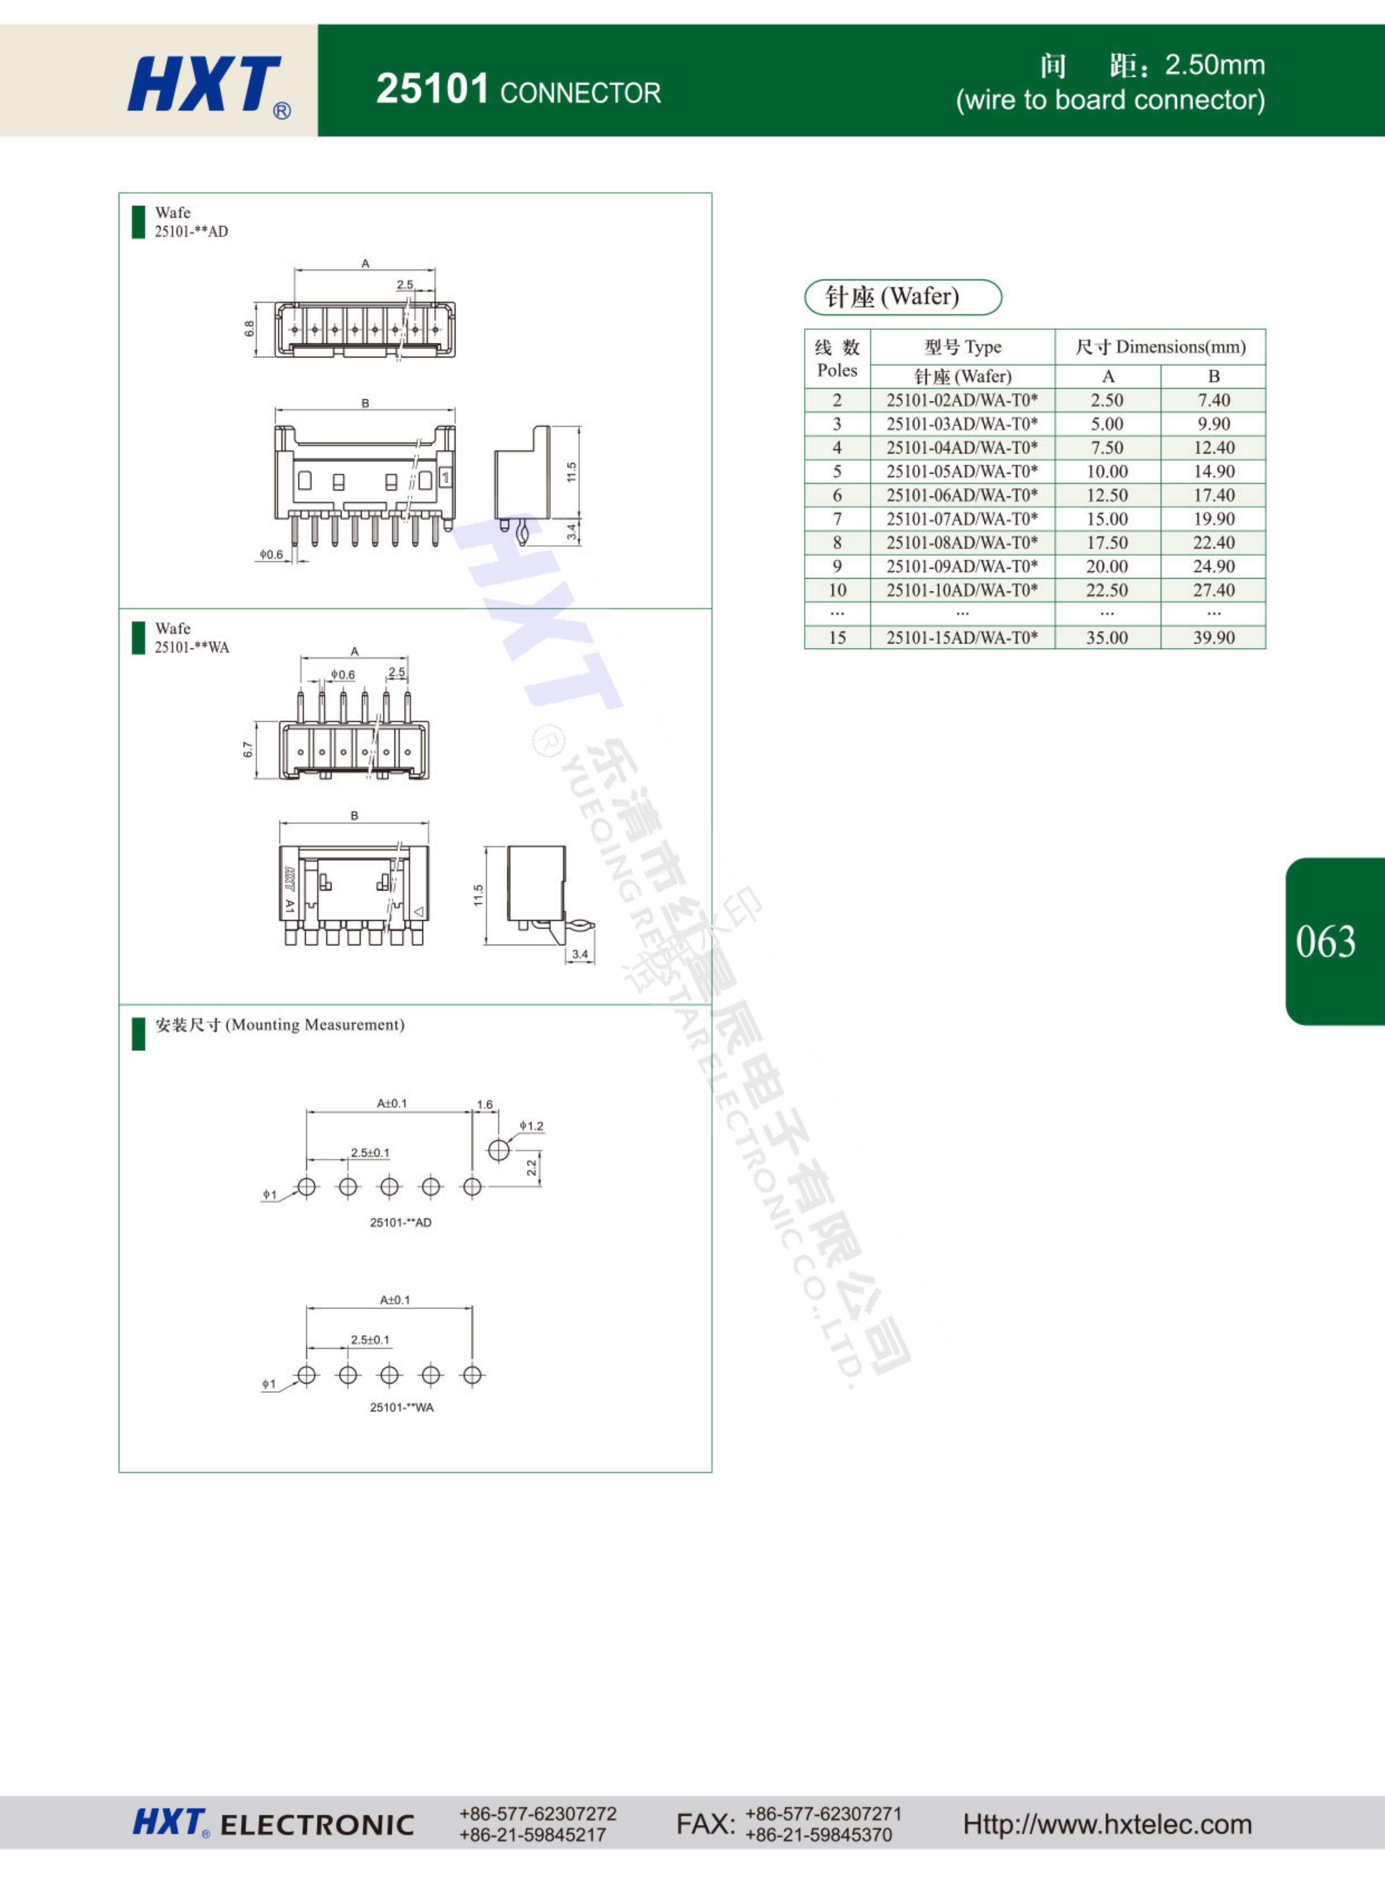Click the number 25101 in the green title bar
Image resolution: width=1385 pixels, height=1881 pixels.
433,89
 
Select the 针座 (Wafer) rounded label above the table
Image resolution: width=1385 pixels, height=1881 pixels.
903,297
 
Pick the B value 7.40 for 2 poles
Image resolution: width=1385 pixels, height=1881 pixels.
1214,400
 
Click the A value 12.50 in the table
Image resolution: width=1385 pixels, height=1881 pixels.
1108,495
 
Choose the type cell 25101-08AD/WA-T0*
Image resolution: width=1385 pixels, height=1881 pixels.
962,543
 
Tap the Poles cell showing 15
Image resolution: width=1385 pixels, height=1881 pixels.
837,637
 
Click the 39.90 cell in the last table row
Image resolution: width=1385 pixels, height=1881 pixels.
1214,637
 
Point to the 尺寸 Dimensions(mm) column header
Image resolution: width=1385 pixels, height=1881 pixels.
1160,346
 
